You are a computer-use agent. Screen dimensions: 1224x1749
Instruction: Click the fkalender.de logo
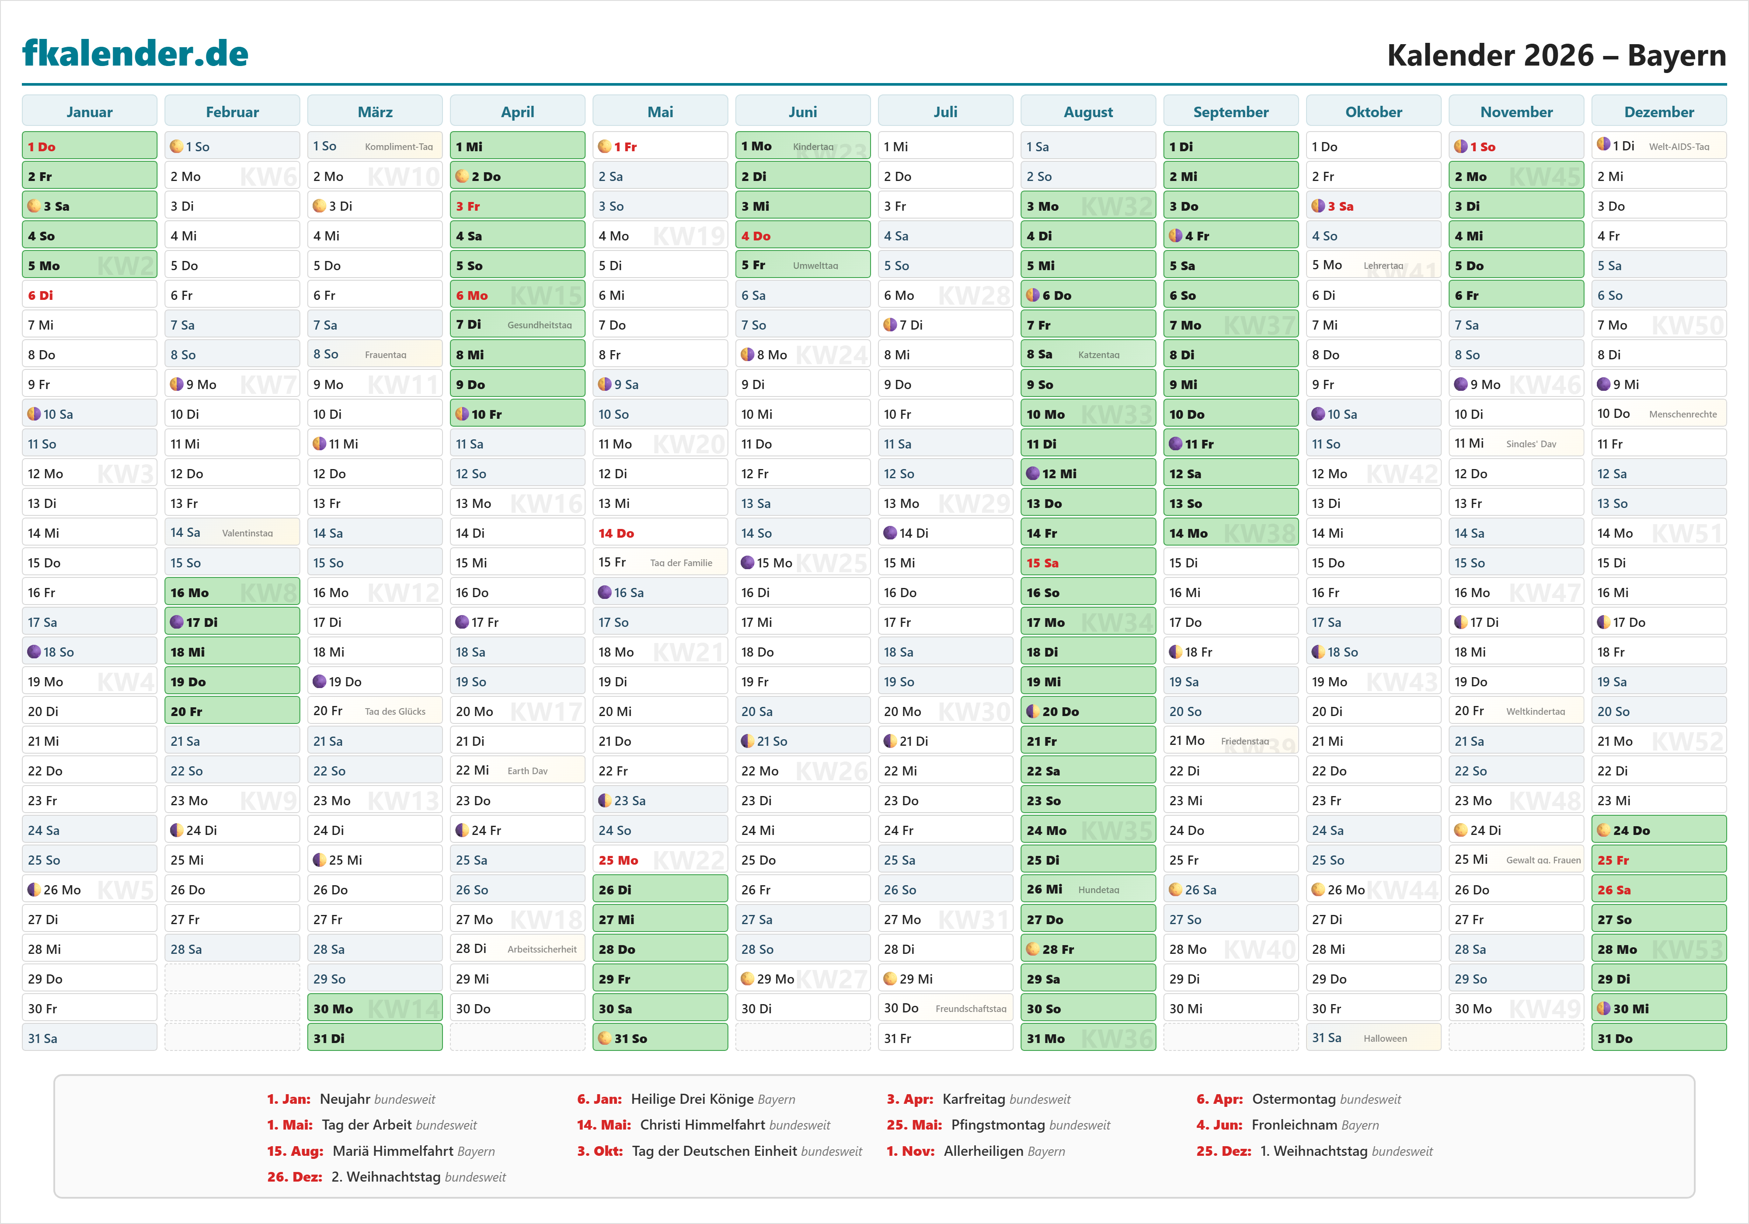(x=136, y=53)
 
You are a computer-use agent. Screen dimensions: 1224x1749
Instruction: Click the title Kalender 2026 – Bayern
(x=1555, y=56)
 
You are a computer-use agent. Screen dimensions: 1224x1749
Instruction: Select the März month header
(x=375, y=112)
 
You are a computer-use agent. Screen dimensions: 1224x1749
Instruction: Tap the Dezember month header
(x=1658, y=112)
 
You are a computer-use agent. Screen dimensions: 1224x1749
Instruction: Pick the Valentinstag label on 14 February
(x=247, y=533)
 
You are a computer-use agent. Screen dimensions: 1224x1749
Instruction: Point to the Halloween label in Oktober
(x=1385, y=1038)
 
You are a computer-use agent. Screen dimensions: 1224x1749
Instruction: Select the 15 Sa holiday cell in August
(x=1088, y=563)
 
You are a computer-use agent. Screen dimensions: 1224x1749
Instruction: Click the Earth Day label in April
(x=527, y=771)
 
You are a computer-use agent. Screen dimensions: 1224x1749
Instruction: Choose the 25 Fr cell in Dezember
(x=1658, y=860)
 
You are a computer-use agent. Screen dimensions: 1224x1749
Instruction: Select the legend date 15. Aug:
(x=295, y=1151)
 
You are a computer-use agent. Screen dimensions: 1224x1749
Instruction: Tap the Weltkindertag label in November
(x=1535, y=711)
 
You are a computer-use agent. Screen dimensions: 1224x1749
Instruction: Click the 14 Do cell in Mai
(x=660, y=533)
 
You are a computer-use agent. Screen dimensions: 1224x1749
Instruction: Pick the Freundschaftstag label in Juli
(x=971, y=1008)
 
